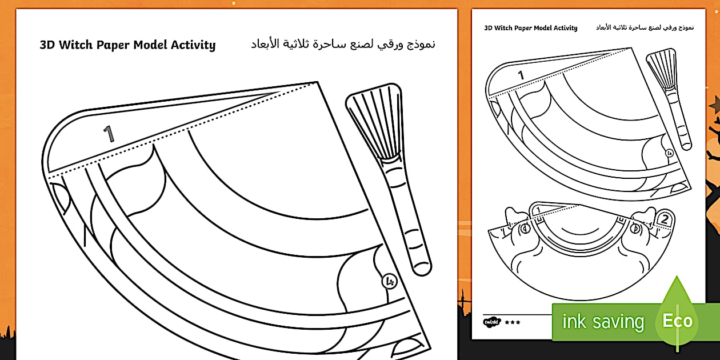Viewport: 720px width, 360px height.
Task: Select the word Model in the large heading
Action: click(x=150, y=45)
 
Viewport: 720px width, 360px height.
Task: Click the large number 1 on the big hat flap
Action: click(x=109, y=133)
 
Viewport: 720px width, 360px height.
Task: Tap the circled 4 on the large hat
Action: click(x=390, y=282)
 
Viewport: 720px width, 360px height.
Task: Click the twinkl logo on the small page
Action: click(x=492, y=322)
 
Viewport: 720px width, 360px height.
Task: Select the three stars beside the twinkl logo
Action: click(x=513, y=322)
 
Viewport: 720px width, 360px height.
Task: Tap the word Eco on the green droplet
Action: click(x=677, y=321)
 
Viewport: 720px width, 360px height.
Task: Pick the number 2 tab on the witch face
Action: click(x=664, y=219)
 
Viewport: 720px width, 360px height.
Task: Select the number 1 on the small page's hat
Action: click(x=521, y=75)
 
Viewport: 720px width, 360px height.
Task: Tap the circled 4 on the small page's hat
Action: click(x=670, y=154)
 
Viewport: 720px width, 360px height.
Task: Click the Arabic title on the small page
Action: click(x=645, y=27)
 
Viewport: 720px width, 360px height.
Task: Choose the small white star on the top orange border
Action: click(x=234, y=3)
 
